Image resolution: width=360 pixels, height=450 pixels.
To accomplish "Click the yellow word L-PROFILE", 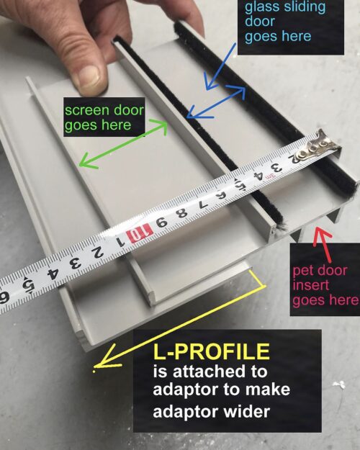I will click(212, 352).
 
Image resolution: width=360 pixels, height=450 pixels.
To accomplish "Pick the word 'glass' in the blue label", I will click(262, 8).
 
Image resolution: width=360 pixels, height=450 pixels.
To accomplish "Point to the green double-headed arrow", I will click(122, 145).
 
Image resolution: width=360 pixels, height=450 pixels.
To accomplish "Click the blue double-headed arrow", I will click(217, 102).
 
